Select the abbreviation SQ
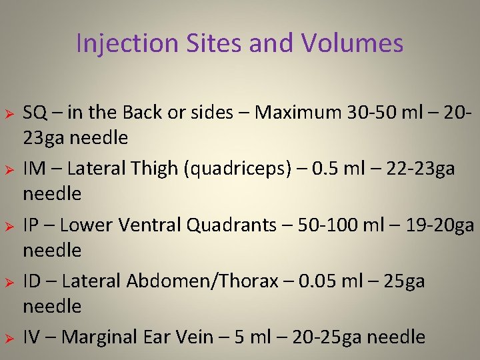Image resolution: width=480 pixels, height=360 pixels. [35, 113]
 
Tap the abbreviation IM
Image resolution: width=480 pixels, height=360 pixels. [35, 169]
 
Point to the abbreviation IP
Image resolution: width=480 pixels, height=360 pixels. [32, 225]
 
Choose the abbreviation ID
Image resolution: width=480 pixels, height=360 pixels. [33, 281]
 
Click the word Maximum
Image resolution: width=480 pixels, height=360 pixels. [297, 113]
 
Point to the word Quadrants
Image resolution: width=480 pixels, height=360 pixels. [224, 225]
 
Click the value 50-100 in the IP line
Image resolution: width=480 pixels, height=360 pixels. [317, 225]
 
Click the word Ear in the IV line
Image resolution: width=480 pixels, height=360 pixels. [190, 337]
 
